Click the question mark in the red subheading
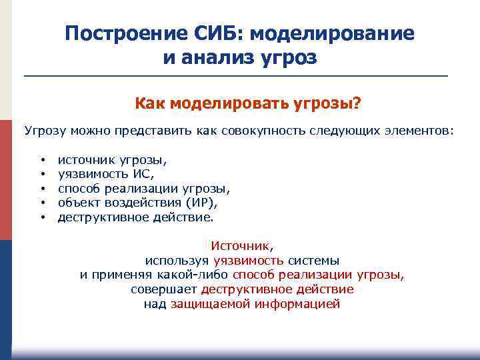tap(357, 103)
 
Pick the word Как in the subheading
tap(150, 103)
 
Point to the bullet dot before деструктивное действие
tap(42, 217)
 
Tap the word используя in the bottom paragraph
tap(177, 261)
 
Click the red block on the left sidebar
tap(5, 180)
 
